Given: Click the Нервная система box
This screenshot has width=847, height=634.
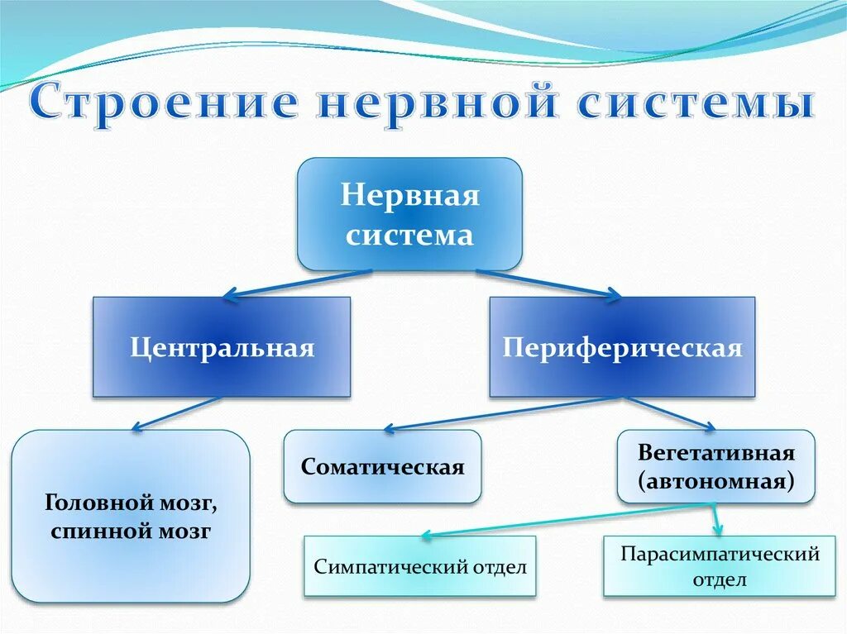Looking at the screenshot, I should pyautogui.click(x=409, y=214).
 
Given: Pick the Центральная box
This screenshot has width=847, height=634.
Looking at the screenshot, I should pyautogui.click(x=222, y=347).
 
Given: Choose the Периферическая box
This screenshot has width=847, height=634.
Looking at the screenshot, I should pyautogui.click(x=622, y=347).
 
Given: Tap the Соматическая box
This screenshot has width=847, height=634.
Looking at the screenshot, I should pyautogui.click(x=382, y=467).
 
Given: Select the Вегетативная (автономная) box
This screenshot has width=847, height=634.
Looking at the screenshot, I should pyautogui.click(x=715, y=467).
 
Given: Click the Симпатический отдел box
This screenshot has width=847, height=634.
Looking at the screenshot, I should pyautogui.click(x=420, y=567).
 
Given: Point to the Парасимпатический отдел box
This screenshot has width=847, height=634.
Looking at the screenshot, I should pyautogui.click(x=715, y=567).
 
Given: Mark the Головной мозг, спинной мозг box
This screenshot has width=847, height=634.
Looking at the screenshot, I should pyautogui.click(x=131, y=517).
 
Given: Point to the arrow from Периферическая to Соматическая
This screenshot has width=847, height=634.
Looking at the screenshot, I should pyautogui.click(x=496, y=413).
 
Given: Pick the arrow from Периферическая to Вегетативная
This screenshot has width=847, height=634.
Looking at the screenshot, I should pyautogui.click(x=670, y=412).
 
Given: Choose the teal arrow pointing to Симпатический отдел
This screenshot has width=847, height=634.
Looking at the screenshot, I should pyautogui.click(x=562, y=519).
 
